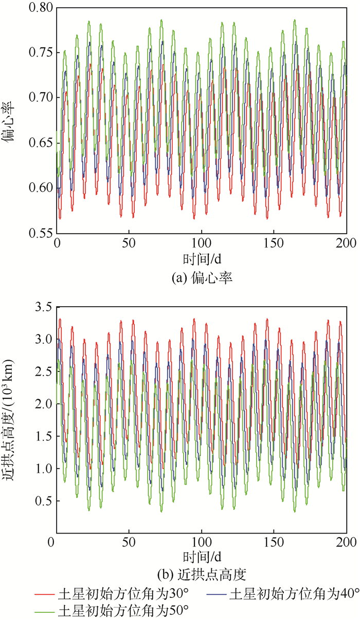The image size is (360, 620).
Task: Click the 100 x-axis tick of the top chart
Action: coord(202,242)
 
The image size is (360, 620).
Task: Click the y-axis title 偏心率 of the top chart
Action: coord(11,120)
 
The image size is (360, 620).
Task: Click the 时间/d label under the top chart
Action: coord(201,257)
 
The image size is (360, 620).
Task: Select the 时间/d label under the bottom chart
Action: coord(201,557)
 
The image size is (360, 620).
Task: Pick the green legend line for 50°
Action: coord(45,611)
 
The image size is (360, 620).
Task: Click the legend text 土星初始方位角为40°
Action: coord(293,594)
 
